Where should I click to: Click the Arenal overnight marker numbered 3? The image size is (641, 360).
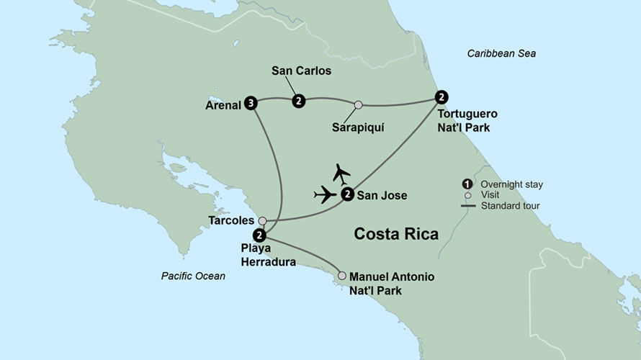pyautogui.click(x=250, y=102)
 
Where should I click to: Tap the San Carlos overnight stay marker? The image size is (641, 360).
pyautogui.click(x=298, y=102)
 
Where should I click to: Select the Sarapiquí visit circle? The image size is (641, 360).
pyautogui.click(x=358, y=105)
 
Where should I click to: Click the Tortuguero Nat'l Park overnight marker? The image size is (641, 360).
pyautogui.click(x=441, y=96)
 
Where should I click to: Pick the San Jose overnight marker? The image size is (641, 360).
pyautogui.click(x=347, y=194)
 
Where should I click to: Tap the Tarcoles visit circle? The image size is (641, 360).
pyautogui.click(x=263, y=220)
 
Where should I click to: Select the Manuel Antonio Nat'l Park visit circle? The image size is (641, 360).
pyautogui.click(x=343, y=275)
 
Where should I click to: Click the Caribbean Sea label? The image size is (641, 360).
pyautogui.click(x=501, y=54)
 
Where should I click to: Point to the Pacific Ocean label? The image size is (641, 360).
pyautogui.click(x=193, y=276)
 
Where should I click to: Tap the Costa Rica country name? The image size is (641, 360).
pyautogui.click(x=395, y=234)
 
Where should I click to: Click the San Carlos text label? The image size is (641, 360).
pyautogui.click(x=301, y=71)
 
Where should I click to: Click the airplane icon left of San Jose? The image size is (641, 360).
pyautogui.click(x=326, y=194)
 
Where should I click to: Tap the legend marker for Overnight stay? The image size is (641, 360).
pyautogui.click(x=467, y=184)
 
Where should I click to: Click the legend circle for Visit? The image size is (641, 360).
pyautogui.click(x=467, y=195)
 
